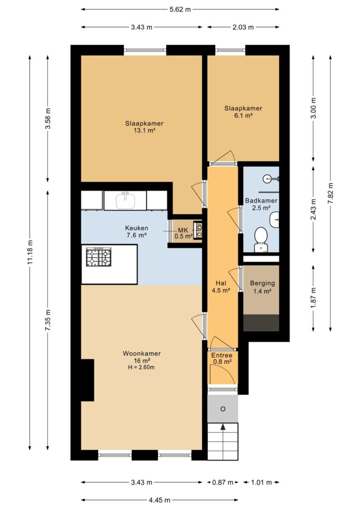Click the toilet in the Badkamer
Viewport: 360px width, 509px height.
point(260,239)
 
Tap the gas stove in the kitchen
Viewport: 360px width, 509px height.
point(99,257)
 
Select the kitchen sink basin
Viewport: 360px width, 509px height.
point(125,200)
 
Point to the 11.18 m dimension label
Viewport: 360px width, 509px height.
point(30,252)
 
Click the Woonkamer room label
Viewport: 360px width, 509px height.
point(142,353)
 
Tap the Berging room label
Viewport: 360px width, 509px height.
point(262,283)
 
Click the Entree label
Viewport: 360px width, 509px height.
point(222,355)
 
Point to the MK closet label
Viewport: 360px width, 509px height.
point(183,230)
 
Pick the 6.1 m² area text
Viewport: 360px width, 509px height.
point(243,115)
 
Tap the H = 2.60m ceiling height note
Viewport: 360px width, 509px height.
point(142,367)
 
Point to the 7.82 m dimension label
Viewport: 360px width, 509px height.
point(330,193)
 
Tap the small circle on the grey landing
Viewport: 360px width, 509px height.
point(223,409)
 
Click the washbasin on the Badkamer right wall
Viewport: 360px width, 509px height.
point(274,220)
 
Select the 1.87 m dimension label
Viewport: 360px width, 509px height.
point(313,298)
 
